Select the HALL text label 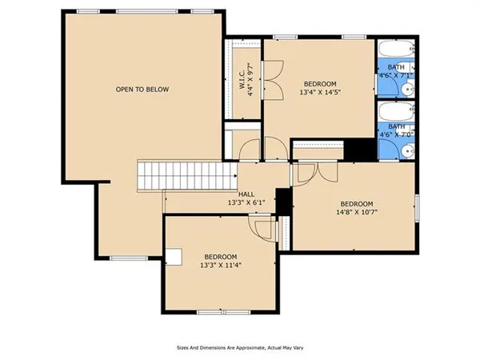[x=246, y=194]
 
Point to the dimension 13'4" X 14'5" [x=320, y=93]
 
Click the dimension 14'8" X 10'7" [x=356, y=213]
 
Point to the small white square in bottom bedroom [x=174, y=255]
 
